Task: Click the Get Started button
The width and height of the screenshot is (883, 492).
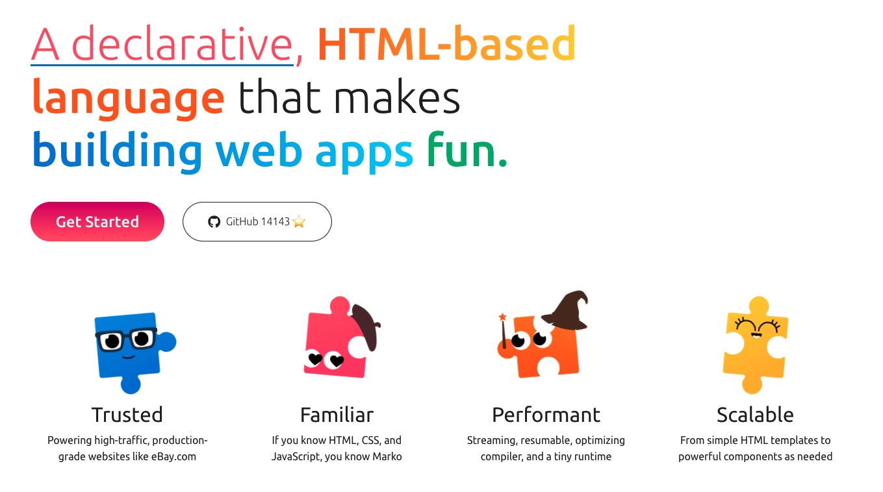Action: (x=97, y=222)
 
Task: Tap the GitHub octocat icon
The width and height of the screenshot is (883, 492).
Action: (x=214, y=222)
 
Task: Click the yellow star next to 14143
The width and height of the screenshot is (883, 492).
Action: (x=299, y=221)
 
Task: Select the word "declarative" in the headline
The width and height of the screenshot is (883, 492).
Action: (x=182, y=43)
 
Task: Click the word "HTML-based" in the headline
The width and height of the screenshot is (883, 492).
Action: (x=446, y=43)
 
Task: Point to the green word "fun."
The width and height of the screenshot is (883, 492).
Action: (x=467, y=151)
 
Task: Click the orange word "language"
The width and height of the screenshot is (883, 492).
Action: (x=128, y=99)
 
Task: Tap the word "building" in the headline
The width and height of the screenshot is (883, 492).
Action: (x=117, y=152)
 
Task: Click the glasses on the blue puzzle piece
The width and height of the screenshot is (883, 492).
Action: (x=126, y=339)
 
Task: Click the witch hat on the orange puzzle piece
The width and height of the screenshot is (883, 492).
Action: (x=567, y=311)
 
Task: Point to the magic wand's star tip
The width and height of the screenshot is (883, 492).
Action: (x=502, y=317)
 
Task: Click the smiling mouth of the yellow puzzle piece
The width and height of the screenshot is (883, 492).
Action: (x=756, y=335)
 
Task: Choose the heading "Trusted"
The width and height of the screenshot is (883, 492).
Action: (x=127, y=414)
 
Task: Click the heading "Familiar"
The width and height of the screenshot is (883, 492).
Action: (x=337, y=414)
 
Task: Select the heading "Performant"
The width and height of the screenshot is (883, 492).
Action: (x=546, y=414)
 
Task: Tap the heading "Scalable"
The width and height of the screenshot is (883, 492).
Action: (x=755, y=414)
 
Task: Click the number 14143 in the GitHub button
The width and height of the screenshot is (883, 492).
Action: (x=275, y=221)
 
